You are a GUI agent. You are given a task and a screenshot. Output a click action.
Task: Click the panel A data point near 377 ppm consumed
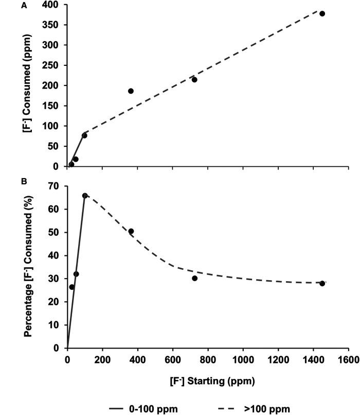click(x=322, y=13)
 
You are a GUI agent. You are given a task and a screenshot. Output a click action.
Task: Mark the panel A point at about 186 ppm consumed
click(x=131, y=91)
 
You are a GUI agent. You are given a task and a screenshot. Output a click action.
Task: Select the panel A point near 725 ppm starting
click(x=194, y=79)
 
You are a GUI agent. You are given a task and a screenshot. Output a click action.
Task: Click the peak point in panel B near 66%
click(x=85, y=196)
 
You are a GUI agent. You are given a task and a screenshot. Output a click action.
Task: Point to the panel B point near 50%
click(x=131, y=231)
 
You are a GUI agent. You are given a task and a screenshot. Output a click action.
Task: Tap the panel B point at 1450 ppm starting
click(x=322, y=283)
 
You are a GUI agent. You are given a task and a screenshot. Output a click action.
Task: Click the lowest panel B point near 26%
click(x=71, y=287)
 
